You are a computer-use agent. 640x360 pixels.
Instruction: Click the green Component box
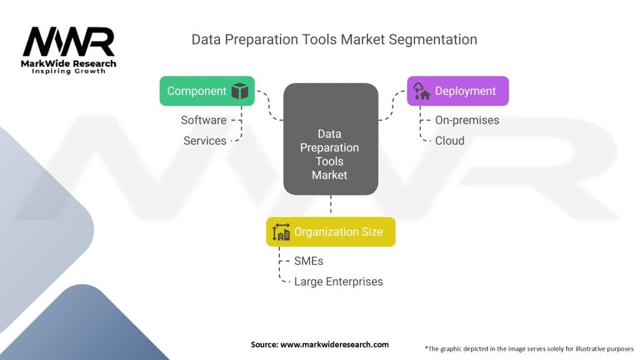207,91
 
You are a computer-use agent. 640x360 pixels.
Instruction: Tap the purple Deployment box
457,91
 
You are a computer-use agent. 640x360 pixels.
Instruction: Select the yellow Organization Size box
331,232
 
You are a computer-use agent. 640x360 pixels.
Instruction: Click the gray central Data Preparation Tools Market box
331,139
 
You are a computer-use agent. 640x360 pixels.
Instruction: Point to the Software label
204,120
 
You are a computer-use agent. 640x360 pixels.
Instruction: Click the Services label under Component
205,141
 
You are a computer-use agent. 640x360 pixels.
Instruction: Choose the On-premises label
467,120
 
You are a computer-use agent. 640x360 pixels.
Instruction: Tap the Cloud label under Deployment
449,141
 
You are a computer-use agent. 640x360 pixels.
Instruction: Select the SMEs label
309,261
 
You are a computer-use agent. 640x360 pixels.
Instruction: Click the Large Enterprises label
338,281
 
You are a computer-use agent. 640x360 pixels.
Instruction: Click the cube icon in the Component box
239,91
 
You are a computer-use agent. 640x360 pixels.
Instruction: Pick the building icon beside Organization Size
281,232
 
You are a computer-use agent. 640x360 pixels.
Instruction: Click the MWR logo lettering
69,42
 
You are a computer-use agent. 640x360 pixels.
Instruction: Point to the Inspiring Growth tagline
69,71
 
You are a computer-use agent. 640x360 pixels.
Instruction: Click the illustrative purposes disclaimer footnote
529,348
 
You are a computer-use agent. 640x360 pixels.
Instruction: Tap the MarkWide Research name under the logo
69,63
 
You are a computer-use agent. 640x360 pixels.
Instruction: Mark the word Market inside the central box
329,175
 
